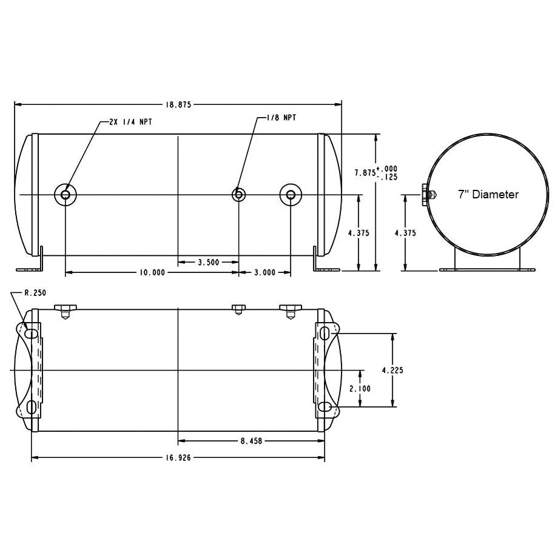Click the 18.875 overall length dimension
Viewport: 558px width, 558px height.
click(x=178, y=104)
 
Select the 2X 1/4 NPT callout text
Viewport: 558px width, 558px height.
click(x=130, y=122)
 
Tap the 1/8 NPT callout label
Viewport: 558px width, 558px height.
click(x=281, y=118)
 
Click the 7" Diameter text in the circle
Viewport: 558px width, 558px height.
click(x=488, y=194)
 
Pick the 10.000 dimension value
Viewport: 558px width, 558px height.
click(x=152, y=272)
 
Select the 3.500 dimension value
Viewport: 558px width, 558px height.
click(x=208, y=262)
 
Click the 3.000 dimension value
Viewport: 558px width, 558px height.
click(x=265, y=272)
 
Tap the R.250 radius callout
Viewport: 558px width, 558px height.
click(x=35, y=293)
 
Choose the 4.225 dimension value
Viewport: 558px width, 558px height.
click(x=392, y=370)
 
